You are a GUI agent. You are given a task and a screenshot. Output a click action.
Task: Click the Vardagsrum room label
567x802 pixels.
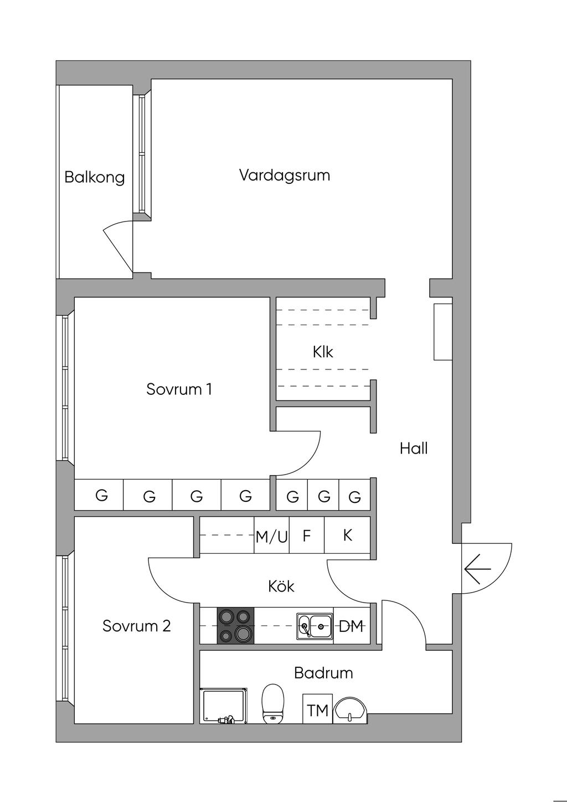click(x=285, y=176)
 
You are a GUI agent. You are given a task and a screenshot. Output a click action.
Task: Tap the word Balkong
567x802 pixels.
click(x=95, y=178)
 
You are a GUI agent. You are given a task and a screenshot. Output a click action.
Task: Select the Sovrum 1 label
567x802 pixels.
click(x=179, y=389)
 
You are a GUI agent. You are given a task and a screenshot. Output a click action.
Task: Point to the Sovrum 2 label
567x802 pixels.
click(x=136, y=626)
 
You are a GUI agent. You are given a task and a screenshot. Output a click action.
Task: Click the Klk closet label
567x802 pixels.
click(x=323, y=352)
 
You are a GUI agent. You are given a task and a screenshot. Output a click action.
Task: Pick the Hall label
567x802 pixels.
click(x=414, y=448)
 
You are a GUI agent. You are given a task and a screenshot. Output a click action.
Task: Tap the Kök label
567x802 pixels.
click(x=281, y=586)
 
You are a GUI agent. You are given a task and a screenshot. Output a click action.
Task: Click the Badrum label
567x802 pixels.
click(x=323, y=673)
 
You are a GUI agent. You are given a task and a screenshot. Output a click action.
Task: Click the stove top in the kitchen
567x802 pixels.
click(x=235, y=625)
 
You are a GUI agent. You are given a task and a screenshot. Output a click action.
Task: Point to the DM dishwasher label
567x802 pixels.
click(x=352, y=626)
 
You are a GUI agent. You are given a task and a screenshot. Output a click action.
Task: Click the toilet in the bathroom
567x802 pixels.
click(x=273, y=704)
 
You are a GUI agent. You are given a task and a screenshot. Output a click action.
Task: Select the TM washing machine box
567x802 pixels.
click(x=318, y=709)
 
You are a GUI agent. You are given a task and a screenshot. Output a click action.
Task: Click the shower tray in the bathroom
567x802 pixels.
click(x=224, y=706)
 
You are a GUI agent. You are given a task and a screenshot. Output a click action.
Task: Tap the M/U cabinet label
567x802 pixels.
click(x=272, y=537)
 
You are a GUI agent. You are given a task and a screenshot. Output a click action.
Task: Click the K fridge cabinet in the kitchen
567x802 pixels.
click(x=347, y=535)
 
